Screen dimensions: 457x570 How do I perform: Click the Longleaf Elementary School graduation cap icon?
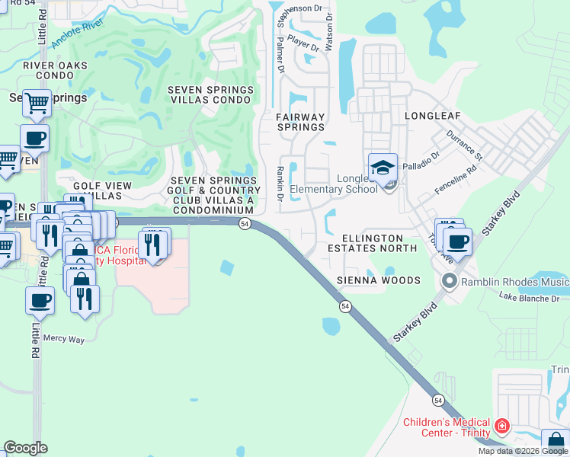click(x=383, y=168)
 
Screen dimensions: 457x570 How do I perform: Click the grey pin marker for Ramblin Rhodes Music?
click(x=449, y=283)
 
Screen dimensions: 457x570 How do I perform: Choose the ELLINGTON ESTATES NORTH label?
click(x=373, y=243)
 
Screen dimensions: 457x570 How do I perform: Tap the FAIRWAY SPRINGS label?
click(x=299, y=122)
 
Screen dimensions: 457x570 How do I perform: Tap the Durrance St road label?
click(x=465, y=144)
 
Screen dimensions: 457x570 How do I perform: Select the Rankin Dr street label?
click(x=280, y=184)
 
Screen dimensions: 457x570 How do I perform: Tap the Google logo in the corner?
click(x=26, y=448)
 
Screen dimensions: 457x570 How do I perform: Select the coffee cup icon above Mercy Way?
click(x=40, y=299)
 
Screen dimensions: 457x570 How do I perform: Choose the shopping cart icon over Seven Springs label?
click(x=37, y=102)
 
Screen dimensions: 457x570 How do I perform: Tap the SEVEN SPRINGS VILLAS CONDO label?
click(x=210, y=94)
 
